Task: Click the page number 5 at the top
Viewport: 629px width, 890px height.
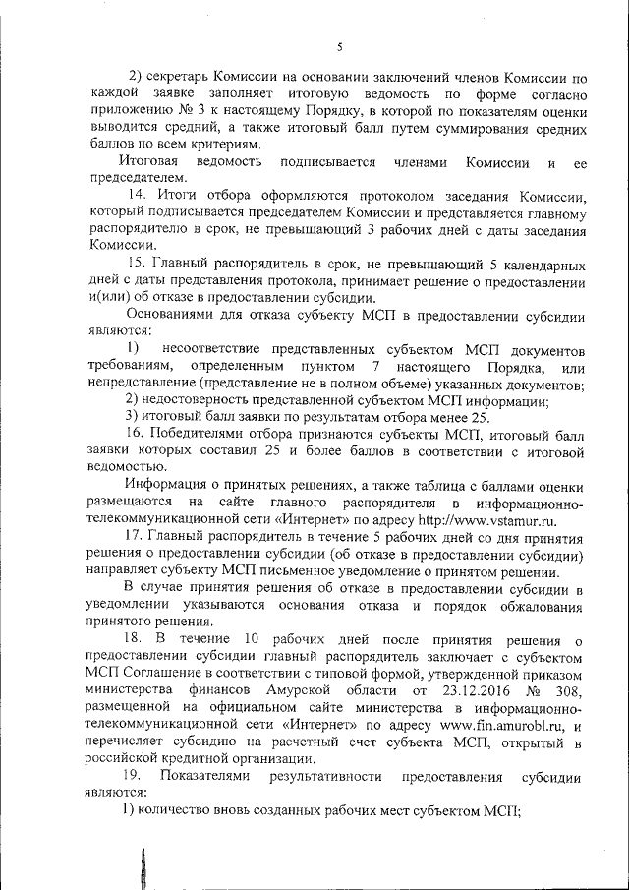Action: click(x=338, y=46)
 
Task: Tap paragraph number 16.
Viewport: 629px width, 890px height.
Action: click(x=137, y=432)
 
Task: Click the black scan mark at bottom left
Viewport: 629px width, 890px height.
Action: click(x=144, y=868)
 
